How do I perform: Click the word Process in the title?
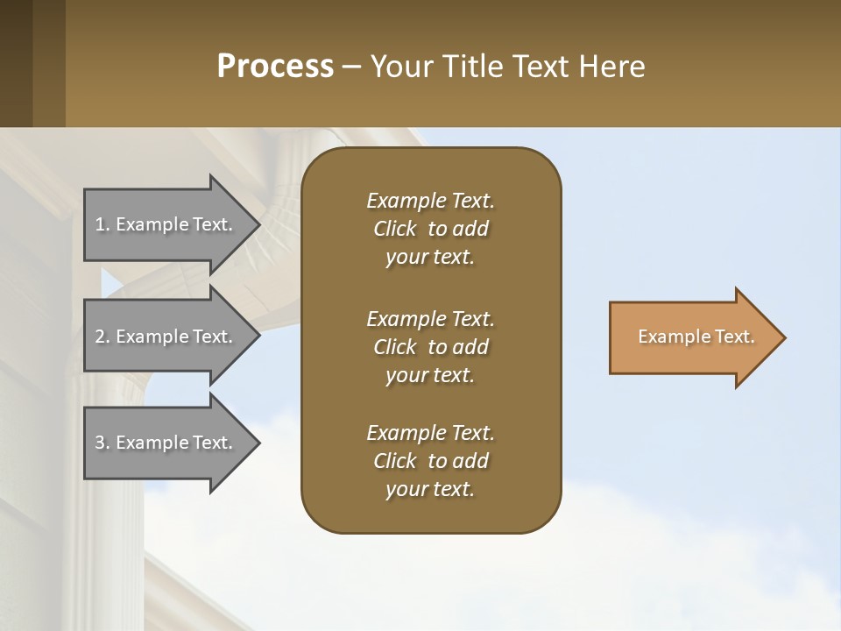pyautogui.click(x=275, y=67)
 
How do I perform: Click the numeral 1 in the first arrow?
pyautogui.click(x=100, y=224)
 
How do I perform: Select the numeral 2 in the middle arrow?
pyautogui.click(x=100, y=337)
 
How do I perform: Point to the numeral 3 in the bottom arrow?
pyautogui.click(x=100, y=443)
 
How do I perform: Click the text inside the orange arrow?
pyautogui.click(x=696, y=337)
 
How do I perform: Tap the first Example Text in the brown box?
pyautogui.click(x=430, y=201)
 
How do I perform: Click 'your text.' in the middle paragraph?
pyautogui.click(x=430, y=375)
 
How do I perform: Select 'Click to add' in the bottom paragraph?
pyautogui.click(x=430, y=461)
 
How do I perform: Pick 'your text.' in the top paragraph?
pyautogui.click(x=430, y=258)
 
